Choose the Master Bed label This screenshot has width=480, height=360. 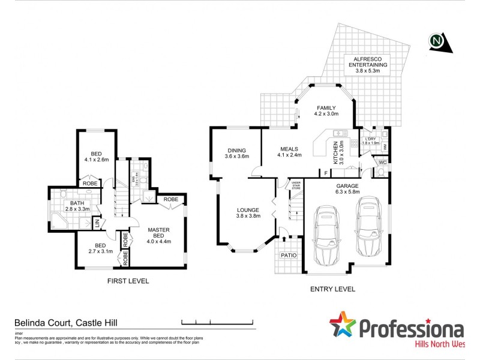point(159,232)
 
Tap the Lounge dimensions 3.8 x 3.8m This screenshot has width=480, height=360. point(248,216)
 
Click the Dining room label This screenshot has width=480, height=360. point(236,151)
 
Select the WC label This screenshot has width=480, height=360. point(382,162)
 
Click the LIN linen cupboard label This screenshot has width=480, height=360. point(97,223)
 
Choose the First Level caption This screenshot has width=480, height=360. point(128,281)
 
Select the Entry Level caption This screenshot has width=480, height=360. point(332,289)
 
